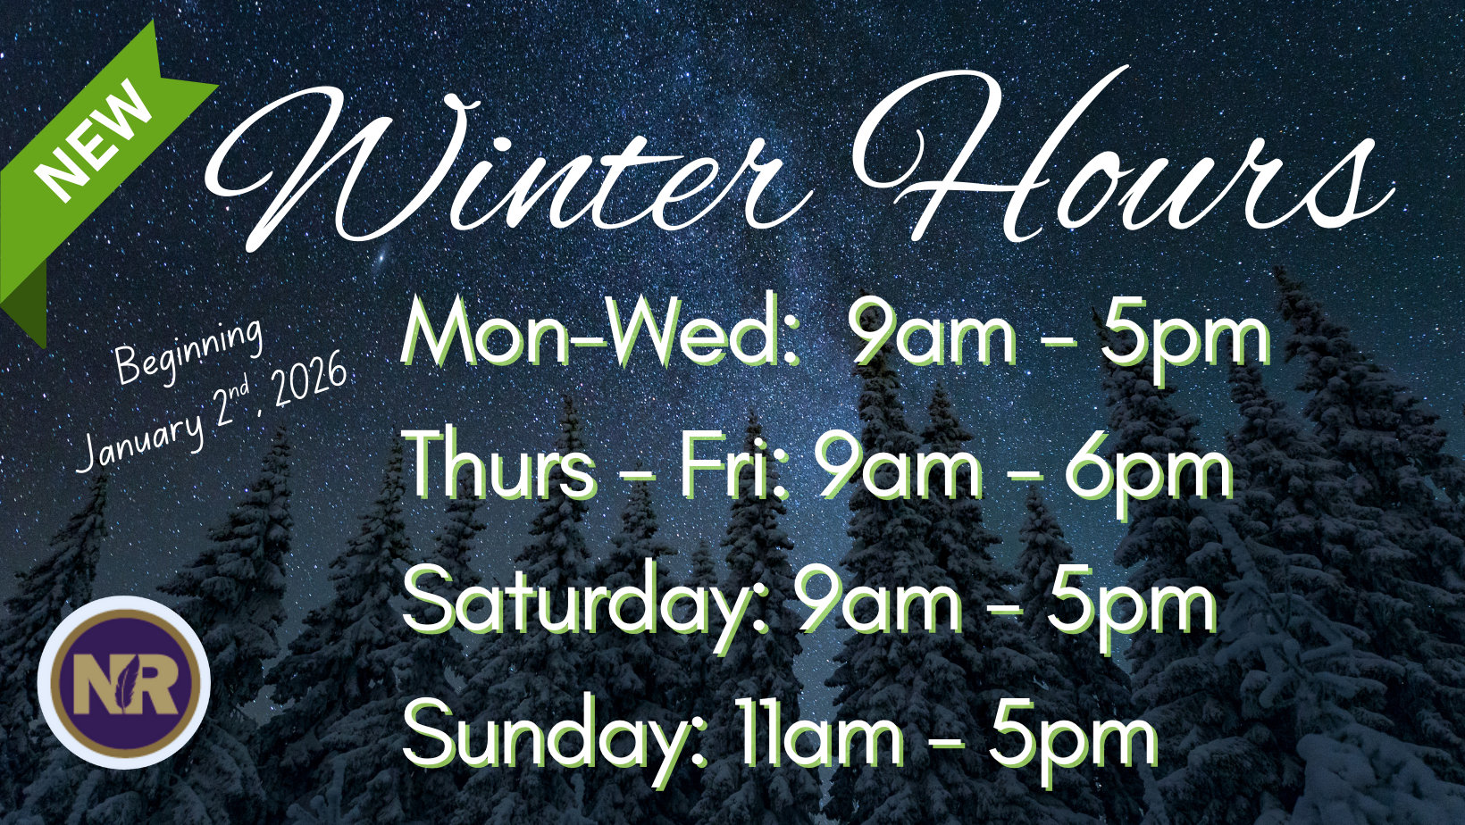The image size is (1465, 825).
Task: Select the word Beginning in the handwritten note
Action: [x=188, y=352]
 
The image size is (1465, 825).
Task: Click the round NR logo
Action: [x=124, y=682]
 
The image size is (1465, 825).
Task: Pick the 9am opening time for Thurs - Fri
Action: [x=900, y=468]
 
